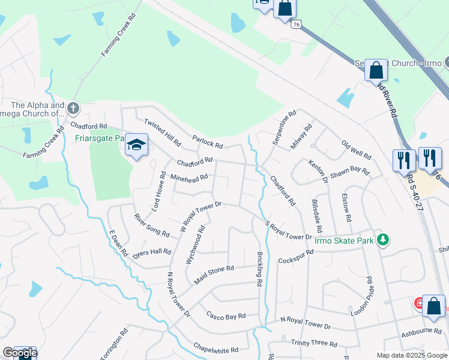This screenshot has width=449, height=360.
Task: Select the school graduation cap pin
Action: click(136, 145)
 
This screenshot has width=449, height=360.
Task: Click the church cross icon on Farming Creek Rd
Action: click(73, 109)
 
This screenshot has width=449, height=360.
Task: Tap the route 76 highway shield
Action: click(297, 25)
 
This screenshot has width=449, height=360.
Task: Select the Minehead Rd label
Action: click(189, 178)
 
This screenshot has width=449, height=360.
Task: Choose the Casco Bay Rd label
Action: click(226, 316)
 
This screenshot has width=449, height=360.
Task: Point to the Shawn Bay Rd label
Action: click(349, 171)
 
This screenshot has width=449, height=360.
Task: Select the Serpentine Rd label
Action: click(285, 127)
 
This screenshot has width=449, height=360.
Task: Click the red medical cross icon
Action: click(418, 304)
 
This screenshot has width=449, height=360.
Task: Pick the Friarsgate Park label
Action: click(99, 138)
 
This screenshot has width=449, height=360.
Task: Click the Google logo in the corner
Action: click(19, 353)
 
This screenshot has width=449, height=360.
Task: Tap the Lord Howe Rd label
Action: click(156, 191)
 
